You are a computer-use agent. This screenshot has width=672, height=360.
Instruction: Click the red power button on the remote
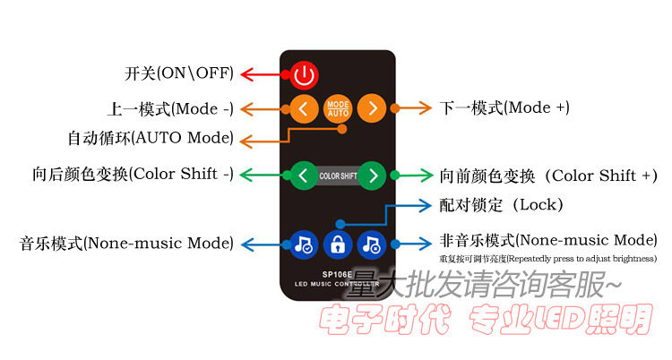coord(305,75)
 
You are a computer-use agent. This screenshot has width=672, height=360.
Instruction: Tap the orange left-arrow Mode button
coord(303,109)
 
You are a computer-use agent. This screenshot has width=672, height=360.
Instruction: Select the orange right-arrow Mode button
coord(371,109)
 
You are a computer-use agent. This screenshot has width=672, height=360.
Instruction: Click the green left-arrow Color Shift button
coord(303,175)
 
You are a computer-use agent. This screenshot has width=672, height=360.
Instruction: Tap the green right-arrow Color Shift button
coord(374,175)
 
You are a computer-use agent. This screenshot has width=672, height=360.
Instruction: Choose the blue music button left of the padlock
coord(305,243)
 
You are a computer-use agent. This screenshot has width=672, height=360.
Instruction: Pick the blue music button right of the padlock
coord(371,243)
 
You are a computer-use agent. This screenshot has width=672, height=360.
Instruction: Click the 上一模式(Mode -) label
coord(170,109)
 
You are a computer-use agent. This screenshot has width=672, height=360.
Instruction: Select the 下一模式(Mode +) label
coord(504,107)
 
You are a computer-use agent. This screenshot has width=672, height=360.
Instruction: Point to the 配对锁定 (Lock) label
coord(502,205)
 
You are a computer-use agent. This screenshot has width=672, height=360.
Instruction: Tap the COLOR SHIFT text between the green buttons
coord(338,176)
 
